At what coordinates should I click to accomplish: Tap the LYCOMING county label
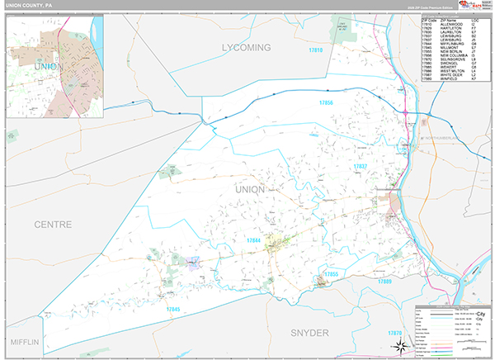(246, 49)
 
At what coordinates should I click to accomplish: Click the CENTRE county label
(53, 224)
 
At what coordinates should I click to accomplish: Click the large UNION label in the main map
(251, 189)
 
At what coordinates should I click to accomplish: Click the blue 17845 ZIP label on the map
(172, 309)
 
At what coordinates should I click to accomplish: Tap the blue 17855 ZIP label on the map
(332, 273)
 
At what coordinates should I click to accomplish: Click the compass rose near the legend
(398, 344)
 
